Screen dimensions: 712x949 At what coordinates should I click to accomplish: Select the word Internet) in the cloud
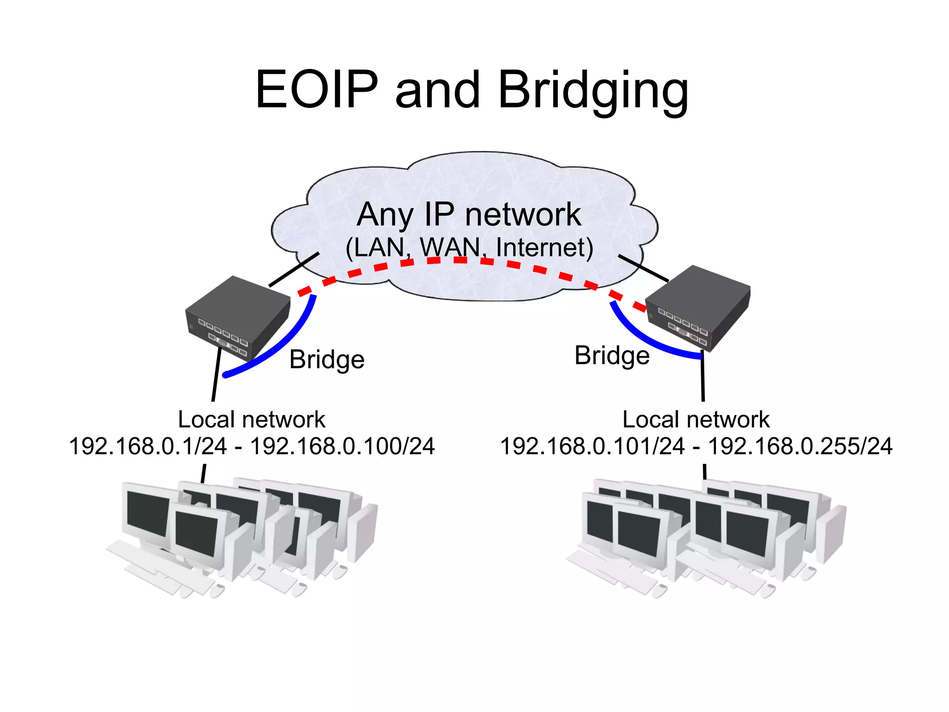[x=545, y=247]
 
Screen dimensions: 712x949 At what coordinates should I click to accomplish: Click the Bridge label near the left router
[x=327, y=359]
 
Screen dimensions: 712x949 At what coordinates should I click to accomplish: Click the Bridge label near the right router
[x=612, y=356]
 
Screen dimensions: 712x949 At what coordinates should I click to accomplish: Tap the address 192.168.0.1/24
[x=148, y=447]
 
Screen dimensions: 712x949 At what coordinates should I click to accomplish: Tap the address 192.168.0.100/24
[x=342, y=447]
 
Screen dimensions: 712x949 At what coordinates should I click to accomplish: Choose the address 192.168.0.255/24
[x=800, y=447]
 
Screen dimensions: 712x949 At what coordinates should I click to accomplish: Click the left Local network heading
[x=251, y=420]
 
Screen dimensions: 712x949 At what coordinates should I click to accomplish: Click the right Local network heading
[x=696, y=420]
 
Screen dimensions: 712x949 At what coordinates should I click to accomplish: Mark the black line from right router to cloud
[x=643, y=268]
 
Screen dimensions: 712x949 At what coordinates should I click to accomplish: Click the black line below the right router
[x=703, y=378]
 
